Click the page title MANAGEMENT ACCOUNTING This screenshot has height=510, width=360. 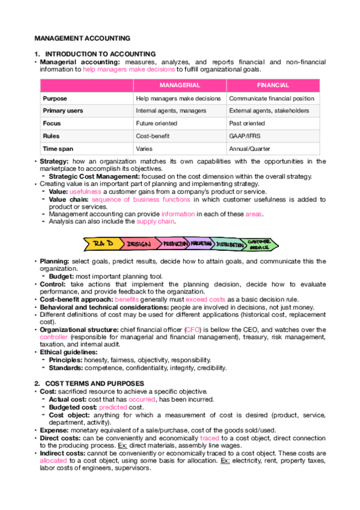(72, 37)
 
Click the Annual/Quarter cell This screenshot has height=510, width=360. (249, 149)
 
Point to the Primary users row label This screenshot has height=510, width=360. (63, 111)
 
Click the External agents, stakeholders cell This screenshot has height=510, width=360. (269, 111)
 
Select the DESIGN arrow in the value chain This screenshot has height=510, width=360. (139, 244)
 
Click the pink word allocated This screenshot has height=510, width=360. (53, 459)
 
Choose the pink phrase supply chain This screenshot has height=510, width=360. (156, 221)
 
